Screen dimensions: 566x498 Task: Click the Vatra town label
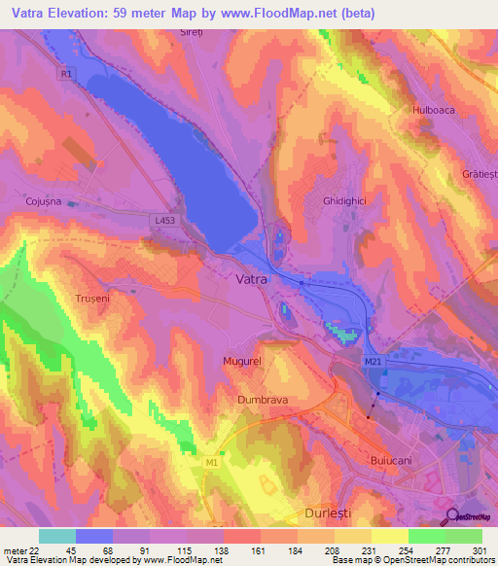[x=252, y=278]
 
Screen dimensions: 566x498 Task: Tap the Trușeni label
[x=95, y=299]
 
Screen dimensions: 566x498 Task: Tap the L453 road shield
[x=164, y=222]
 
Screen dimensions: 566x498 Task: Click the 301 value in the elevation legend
[x=479, y=550]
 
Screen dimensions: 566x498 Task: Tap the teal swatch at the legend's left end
[x=57, y=536]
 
